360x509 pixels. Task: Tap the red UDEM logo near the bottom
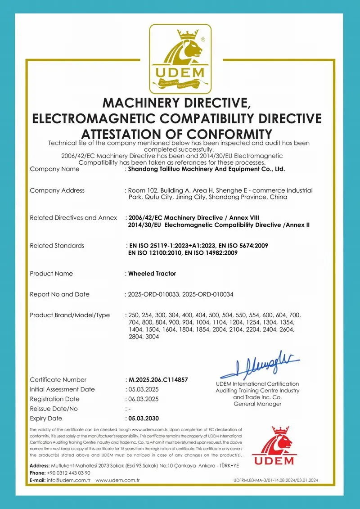coord(273,446)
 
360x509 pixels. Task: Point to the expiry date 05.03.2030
coord(144,418)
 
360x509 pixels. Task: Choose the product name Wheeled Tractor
coord(152,274)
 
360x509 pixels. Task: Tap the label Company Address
coord(57,190)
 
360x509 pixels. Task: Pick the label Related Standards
coord(57,246)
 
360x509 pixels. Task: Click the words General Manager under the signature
coord(257,404)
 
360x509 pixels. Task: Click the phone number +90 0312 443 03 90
coord(68,473)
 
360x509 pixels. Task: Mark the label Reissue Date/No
coord(54,409)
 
